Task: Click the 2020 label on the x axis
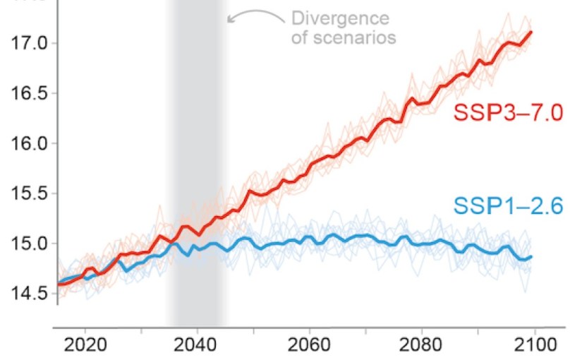pyautogui.click(x=85, y=345)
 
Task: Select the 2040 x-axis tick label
pyautogui.click(x=197, y=345)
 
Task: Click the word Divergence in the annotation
pyautogui.click(x=340, y=18)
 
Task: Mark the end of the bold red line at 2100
pyautogui.click(x=531, y=32)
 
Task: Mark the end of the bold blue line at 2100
pyautogui.click(x=531, y=257)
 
